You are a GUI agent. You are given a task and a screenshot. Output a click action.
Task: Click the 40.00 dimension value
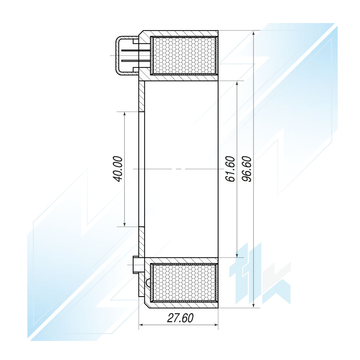pyautogui.click(x=118, y=169)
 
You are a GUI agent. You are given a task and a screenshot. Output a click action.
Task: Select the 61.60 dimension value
pyautogui.click(x=230, y=169)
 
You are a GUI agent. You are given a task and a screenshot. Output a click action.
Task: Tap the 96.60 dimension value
pyautogui.click(x=247, y=169)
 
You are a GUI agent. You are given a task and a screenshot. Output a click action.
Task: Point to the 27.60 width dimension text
pyautogui.click(x=180, y=318)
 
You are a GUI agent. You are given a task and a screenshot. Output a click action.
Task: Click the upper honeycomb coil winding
pyautogui.click(x=184, y=55)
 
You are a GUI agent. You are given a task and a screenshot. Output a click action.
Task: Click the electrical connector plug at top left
pyautogui.click(x=127, y=56)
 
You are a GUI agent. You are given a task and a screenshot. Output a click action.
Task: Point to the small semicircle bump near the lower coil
pyautogui.click(x=147, y=283)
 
